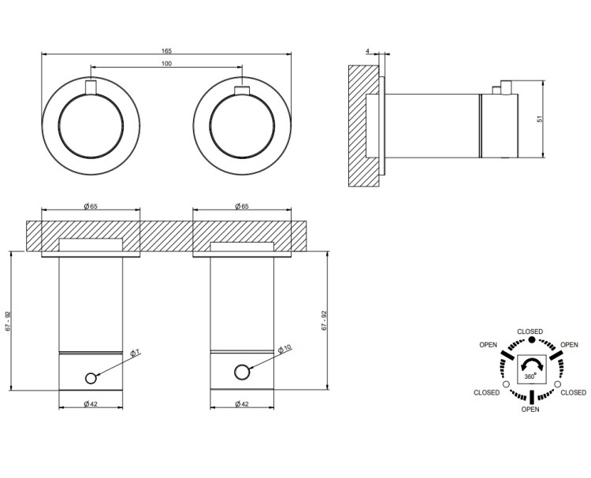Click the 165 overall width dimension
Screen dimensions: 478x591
click(x=166, y=50)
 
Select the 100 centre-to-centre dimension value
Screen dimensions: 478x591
click(x=166, y=64)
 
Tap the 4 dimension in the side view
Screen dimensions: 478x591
click(x=368, y=51)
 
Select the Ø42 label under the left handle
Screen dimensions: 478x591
click(x=91, y=405)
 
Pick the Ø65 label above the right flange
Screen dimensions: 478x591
click(x=241, y=206)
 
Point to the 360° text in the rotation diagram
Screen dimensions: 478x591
click(x=530, y=376)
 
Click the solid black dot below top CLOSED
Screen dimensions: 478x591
click(x=531, y=339)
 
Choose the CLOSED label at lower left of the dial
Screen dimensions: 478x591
click(x=486, y=392)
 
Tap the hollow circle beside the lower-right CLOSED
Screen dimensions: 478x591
click(x=557, y=384)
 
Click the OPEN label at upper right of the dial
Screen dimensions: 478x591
click(x=568, y=345)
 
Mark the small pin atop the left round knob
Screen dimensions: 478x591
click(x=91, y=87)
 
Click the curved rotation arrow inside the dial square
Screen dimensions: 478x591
click(x=531, y=364)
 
